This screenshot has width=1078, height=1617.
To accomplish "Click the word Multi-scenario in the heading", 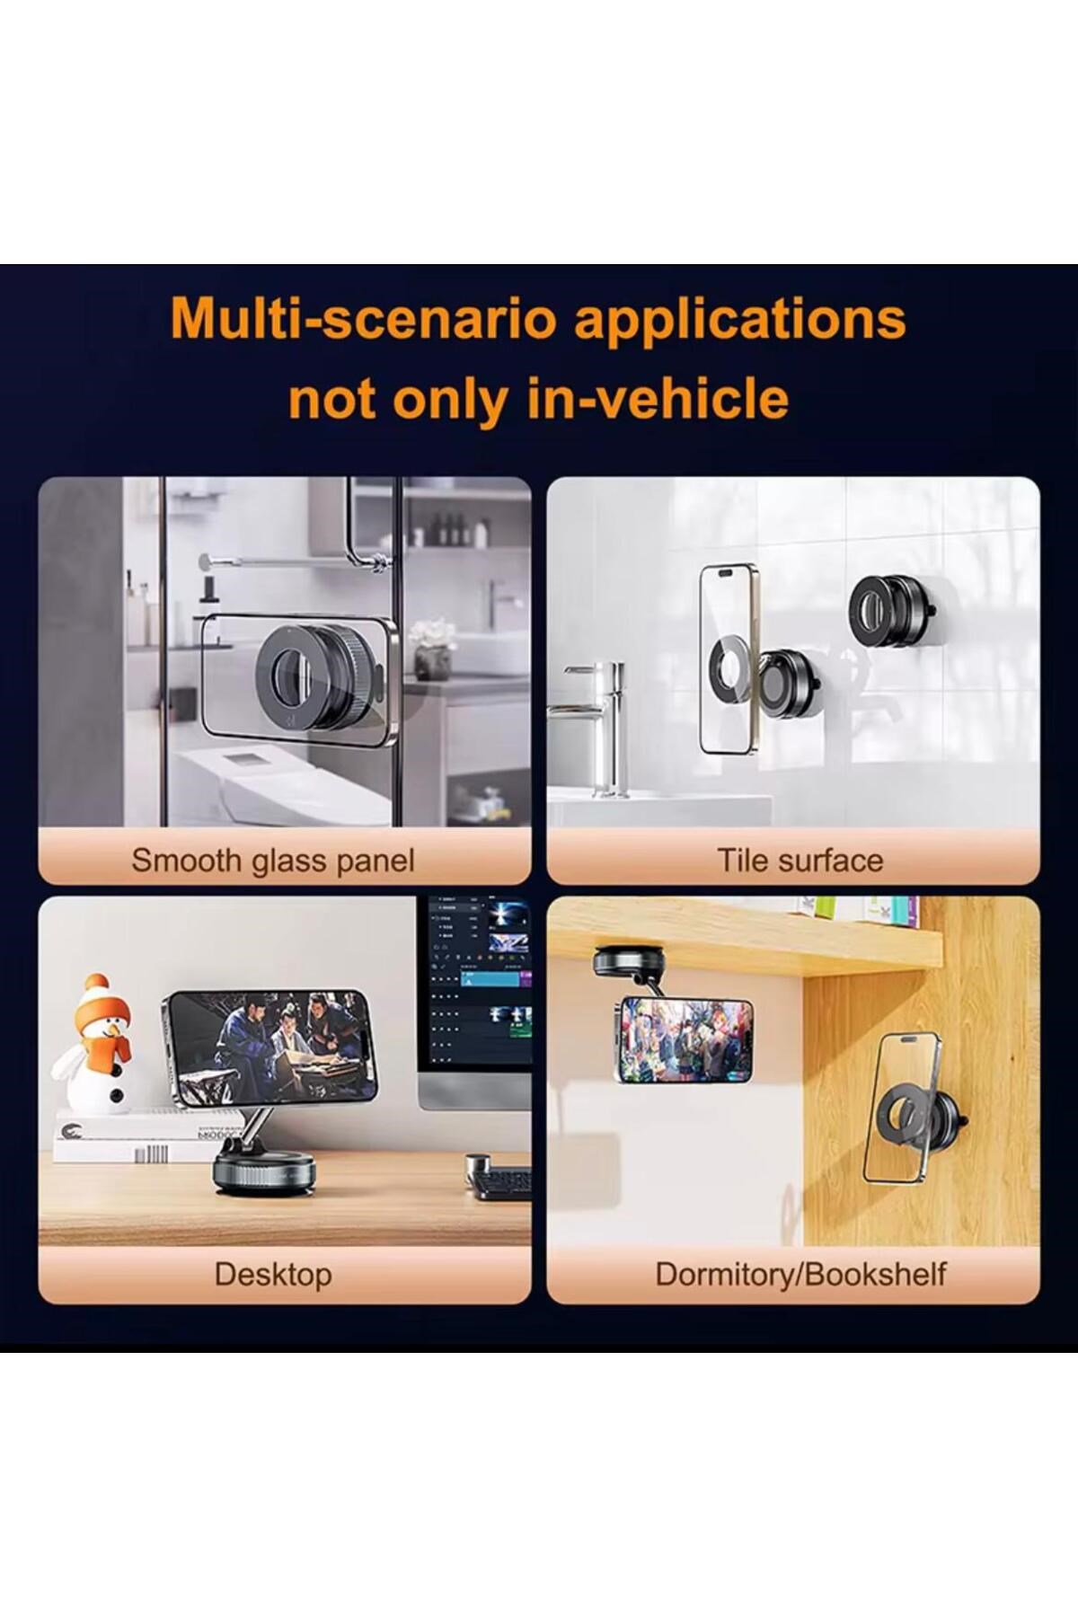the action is coord(365,319).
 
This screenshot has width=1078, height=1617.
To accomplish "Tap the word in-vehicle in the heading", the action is coord(658,399).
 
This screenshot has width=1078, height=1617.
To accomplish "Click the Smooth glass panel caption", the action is coord(273,861).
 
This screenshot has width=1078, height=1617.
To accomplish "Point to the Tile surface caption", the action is coord(800,861).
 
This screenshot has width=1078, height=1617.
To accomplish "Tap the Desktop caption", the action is coord(273,1275).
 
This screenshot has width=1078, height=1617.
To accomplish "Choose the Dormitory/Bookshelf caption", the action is coord(800,1275).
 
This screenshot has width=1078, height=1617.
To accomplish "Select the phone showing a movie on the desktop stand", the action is coord(269,1047).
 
